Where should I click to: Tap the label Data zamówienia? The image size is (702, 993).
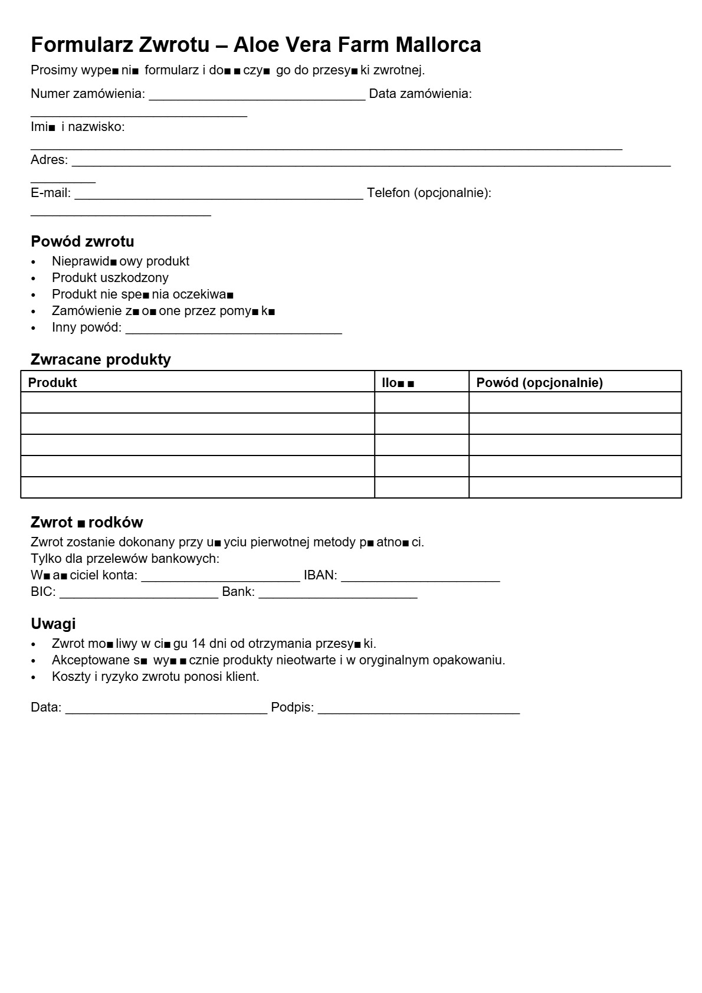click(x=420, y=94)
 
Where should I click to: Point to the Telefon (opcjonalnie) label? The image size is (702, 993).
click(x=429, y=193)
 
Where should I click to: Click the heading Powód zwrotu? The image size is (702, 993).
click(x=83, y=241)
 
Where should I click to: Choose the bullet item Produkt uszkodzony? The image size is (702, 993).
click(x=110, y=278)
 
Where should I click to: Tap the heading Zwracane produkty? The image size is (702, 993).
click(x=101, y=359)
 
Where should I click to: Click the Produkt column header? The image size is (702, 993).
click(x=53, y=382)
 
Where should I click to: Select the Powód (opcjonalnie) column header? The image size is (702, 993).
click(x=539, y=382)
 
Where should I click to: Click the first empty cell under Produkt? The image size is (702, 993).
click(x=198, y=402)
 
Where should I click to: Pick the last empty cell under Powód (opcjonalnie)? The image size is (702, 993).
click(x=575, y=487)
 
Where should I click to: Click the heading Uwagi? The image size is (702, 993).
click(x=53, y=624)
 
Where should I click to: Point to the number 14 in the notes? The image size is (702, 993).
click(x=199, y=644)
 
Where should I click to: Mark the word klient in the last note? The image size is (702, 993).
click(x=244, y=677)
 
